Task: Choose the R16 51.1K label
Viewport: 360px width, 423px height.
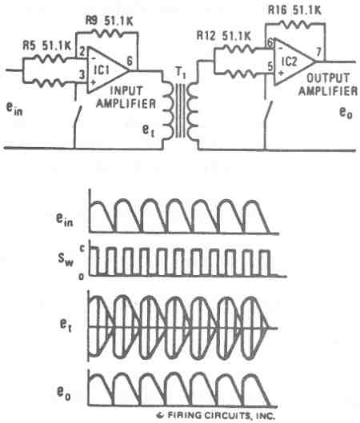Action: tap(295, 10)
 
